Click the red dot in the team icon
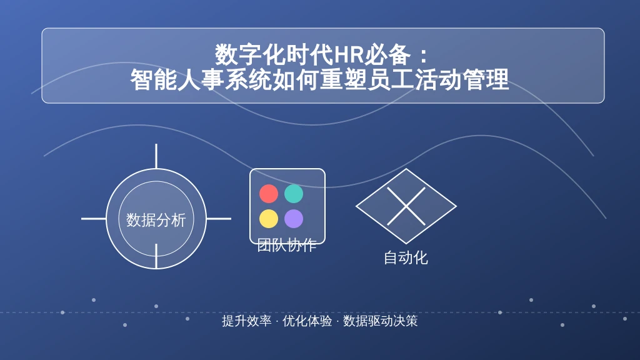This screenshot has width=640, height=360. tap(269, 194)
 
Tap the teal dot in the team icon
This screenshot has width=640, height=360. tap(294, 194)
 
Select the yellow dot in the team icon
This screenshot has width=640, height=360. tap(269, 218)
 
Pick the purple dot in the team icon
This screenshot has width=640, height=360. tap(294, 218)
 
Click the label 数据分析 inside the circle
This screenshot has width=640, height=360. tap(156, 220)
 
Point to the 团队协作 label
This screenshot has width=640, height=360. tap(287, 245)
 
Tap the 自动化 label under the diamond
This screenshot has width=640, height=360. tap(406, 257)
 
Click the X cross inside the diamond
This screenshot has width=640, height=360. tap(406, 206)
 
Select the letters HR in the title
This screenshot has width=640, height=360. tap(349, 55)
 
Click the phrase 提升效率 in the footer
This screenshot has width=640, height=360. tap(246, 321)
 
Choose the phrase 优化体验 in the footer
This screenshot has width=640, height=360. tap(307, 321)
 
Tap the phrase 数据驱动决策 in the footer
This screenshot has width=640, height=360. tap(380, 321)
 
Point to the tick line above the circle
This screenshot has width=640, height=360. tap(156, 156)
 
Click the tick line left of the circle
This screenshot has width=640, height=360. tap(94, 219)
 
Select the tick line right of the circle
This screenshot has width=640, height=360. tap(219, 219)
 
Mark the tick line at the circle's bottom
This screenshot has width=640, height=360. tap(156, 256)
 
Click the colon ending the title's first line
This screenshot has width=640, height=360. tap(424, 56)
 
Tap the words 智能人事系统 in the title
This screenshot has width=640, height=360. tap(201, 79)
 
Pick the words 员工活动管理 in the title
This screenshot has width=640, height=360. tap(438, 79)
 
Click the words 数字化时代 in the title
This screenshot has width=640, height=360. tap(274, 55)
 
